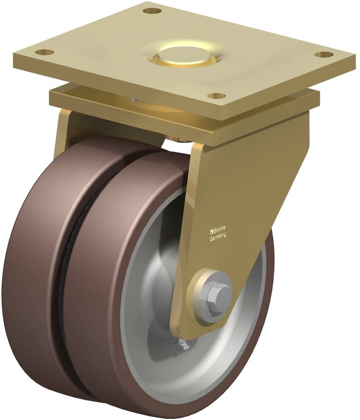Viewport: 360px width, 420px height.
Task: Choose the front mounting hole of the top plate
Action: point(217,96)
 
